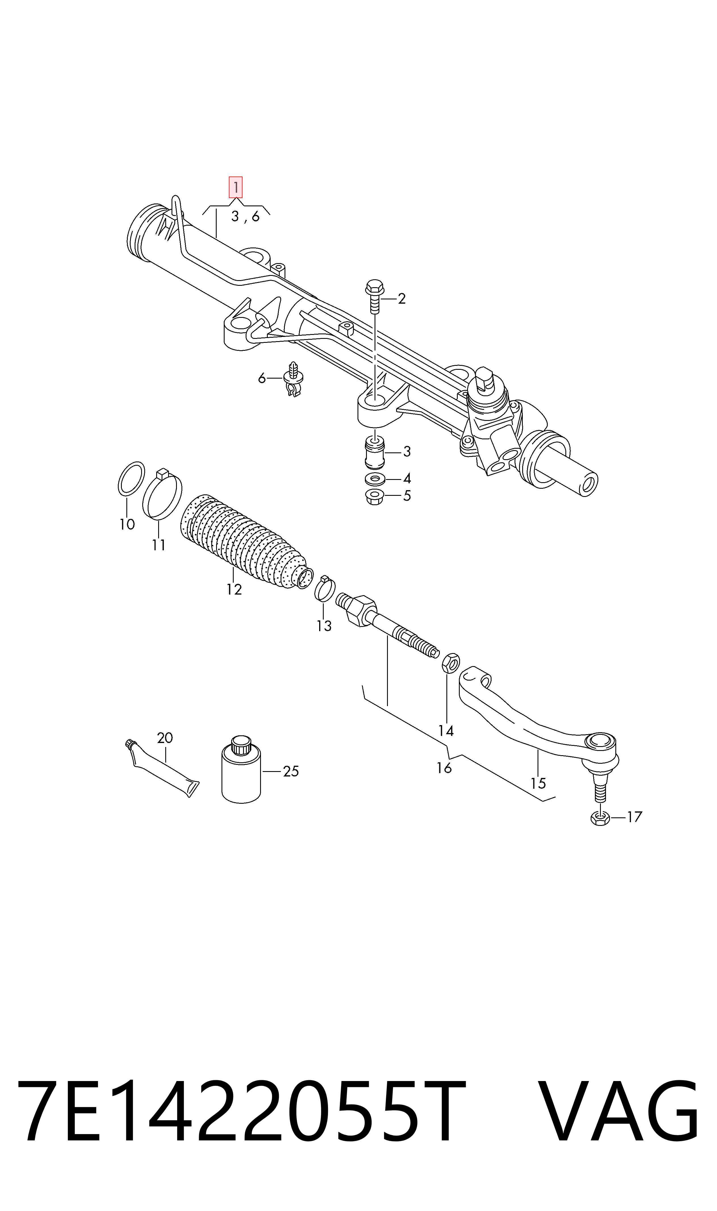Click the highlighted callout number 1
[x=235, y=187]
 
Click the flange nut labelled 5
[x=375, y=496]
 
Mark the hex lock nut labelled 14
[x=450, y=662]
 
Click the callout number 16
[x=444, y=768]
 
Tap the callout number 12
[x=234, y=589]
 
